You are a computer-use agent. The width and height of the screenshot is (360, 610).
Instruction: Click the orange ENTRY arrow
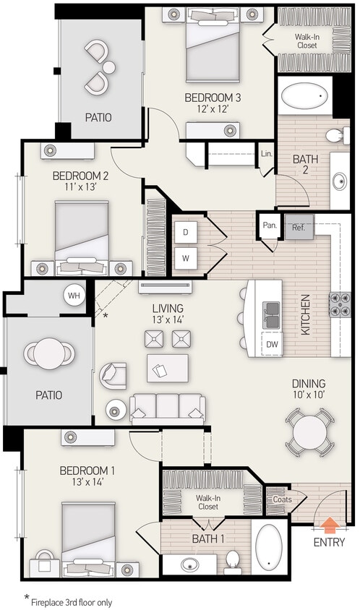coord(329,524)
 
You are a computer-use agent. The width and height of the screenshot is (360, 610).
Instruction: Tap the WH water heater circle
coord(74,295)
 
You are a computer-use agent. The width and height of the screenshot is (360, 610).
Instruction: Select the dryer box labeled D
coord(186,232)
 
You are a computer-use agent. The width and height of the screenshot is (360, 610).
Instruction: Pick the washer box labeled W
coord(186,257)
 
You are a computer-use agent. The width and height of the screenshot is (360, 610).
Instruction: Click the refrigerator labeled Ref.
coord(299,226)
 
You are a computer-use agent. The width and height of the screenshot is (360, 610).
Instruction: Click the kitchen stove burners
coord(340,304)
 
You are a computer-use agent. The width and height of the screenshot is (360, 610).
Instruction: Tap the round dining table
coord(309,432)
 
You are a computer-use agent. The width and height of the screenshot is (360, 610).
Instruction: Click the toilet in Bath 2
coord(335,134)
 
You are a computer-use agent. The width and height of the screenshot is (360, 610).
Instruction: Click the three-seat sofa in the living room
coord(167,408)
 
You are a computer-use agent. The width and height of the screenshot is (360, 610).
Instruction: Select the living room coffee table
coord(167,368)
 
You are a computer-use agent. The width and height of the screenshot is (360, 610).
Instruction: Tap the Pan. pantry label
coord(270,225)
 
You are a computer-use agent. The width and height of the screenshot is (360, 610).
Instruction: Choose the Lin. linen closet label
coord(266,153)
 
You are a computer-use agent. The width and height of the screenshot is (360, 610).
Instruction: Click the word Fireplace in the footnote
coord(52,601)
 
